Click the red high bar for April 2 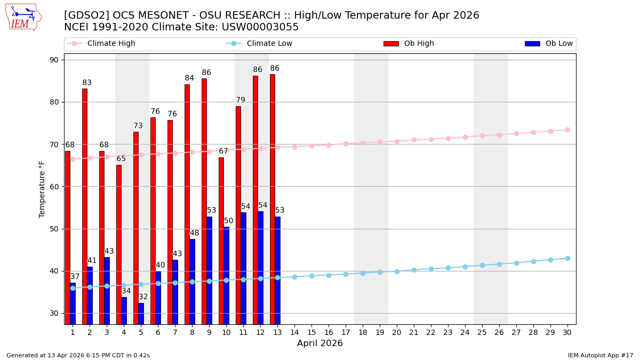coord(85,206)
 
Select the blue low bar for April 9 coord(210,270)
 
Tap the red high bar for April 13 coord(273,199)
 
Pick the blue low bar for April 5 coord(141,314)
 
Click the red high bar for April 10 coord(221,241)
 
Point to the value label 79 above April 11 coord(241,100)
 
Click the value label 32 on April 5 coord(143,297)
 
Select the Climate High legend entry coord(111,44)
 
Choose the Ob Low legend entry coord(557,44)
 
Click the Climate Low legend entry coord(269,44)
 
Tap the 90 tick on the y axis coord(54,60)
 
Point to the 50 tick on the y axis coord(54,229)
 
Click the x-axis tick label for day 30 coord(567,332)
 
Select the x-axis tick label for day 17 coord(346,332)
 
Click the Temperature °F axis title coord(43,189)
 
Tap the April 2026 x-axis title coord(320,343)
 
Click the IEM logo coord(23,17)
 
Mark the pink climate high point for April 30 coord(567,130)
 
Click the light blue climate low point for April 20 coord(397,271)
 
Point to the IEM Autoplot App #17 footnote coord(600,355)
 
